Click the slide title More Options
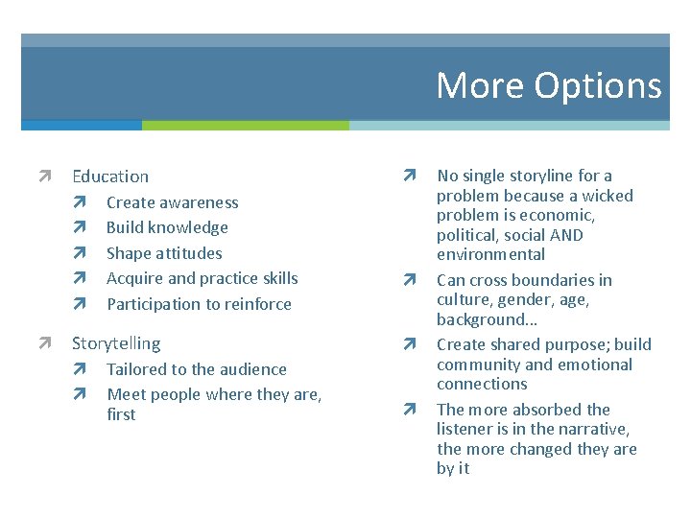pos(548,85)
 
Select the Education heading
pos(110,177)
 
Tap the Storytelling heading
pos(116,343)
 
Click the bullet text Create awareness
pos(172,202)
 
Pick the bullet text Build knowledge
pos(167,227)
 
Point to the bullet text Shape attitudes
pos(164,253)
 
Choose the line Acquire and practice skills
pos(202,278)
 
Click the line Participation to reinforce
pos(199,304)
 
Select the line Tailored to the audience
pos(196,369)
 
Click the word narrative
pos(593,429)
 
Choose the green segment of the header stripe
pos(245,125)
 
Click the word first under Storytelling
pos(121,414)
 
